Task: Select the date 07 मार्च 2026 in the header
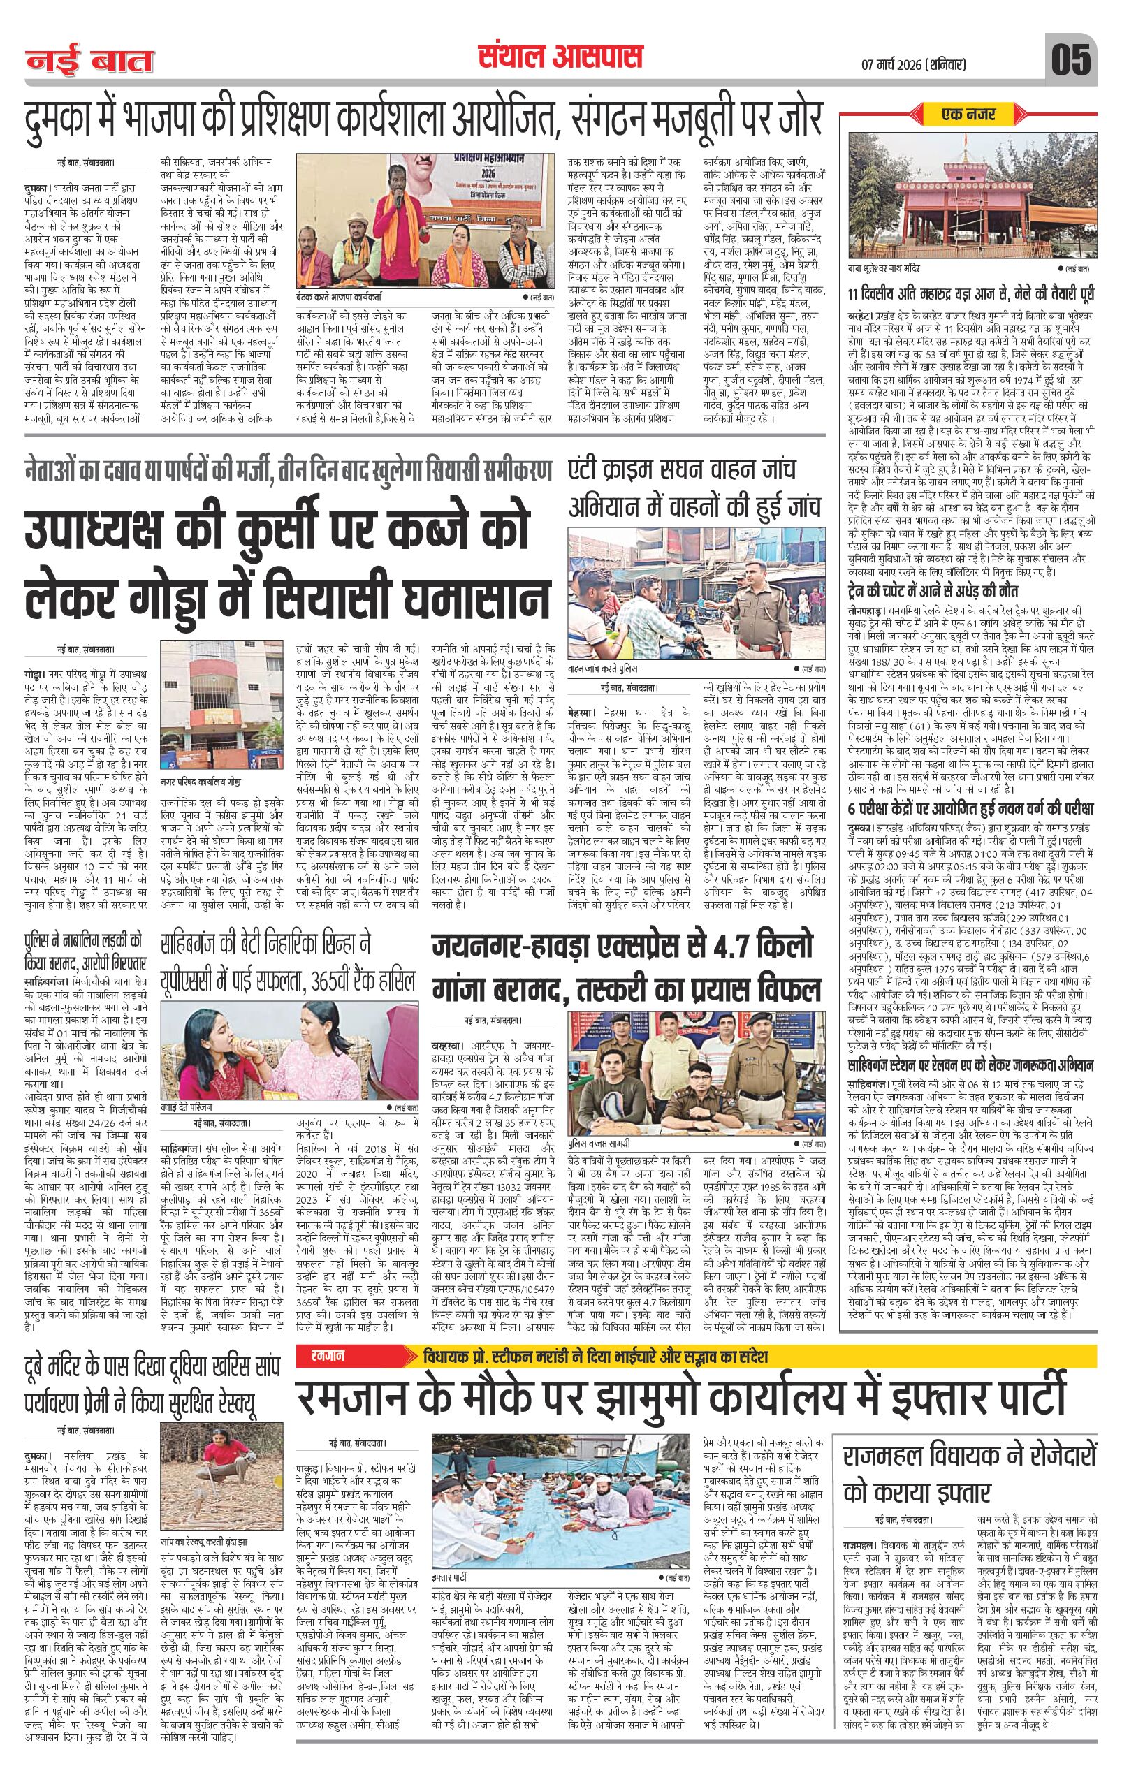pos(913,64)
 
